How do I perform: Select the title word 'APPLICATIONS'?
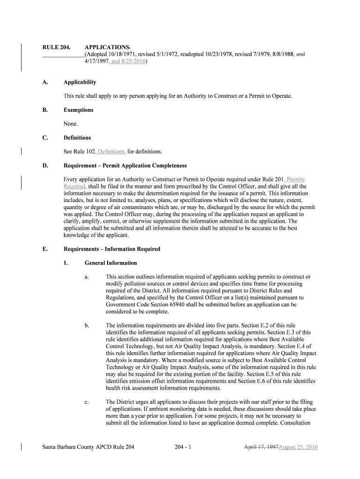coord(107,47)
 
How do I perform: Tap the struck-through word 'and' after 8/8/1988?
coord(301,54)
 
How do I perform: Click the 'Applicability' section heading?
coord(80,82)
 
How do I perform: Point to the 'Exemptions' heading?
coord(79,110)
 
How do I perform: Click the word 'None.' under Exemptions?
coord(71,124)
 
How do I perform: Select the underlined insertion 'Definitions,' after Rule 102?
coord(112,152)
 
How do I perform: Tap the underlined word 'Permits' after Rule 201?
coord(295,179)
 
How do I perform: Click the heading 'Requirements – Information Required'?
coord(112,249)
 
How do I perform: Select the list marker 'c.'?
coord(87,402)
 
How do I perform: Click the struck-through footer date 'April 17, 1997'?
coord(261,447)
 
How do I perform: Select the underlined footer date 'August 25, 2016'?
coord(298,447)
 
